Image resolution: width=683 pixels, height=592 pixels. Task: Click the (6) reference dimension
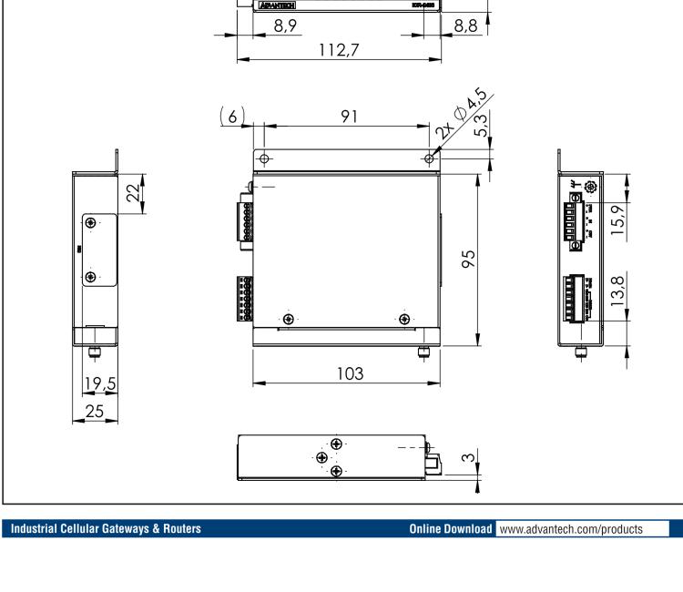(233, 117)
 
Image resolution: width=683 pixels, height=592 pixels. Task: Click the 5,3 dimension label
(483, 121)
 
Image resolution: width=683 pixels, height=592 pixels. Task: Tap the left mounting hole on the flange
(265, 158)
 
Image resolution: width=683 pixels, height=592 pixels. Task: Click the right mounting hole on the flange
(430, 158)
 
